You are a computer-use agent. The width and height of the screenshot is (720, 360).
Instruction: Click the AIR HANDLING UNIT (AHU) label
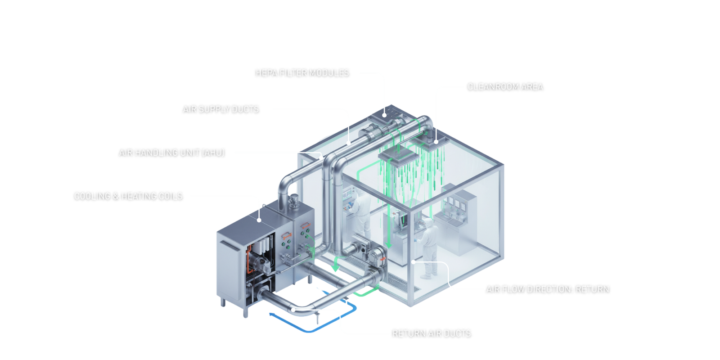point(172,153)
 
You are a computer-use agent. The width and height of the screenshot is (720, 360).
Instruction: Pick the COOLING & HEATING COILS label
point(127,196)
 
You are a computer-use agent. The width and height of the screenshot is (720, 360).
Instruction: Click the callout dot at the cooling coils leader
point(260,220)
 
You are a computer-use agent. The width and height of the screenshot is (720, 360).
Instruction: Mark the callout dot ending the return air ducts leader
point(293,309)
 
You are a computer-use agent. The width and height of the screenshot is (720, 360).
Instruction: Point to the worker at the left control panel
point(360,209)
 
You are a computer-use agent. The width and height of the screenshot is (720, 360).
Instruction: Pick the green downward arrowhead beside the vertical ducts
point(335,268)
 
